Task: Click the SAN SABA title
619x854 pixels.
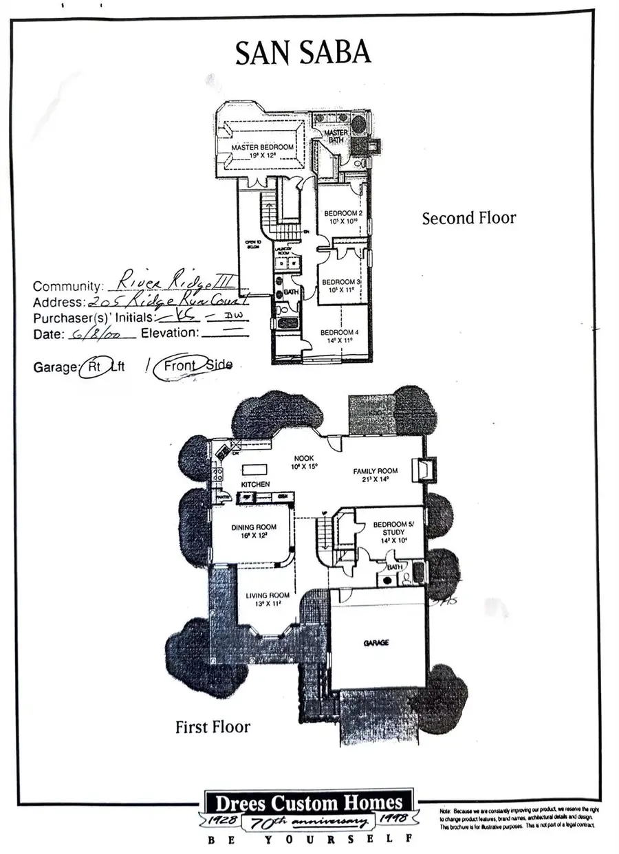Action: [x=303, y=53]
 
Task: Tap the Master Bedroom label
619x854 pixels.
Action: [x=262, y=148]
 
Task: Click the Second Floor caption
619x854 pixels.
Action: [x=468, y=218]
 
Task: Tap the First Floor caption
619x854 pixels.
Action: [x=213, y=726]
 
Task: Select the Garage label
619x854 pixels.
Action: [x=376, y=643]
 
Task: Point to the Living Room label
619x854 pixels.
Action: [x=268, y=596]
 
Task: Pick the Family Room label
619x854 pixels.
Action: [x=376, y=472]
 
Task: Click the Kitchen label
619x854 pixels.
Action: [x=254, y=484]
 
